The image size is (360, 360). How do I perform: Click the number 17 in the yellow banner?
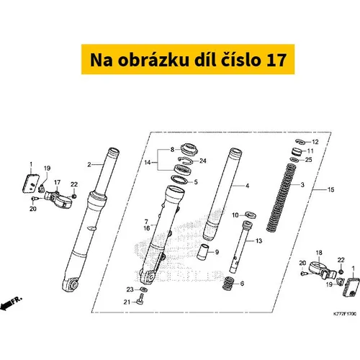coord(276,60)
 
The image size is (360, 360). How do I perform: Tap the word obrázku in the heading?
coord(153,60)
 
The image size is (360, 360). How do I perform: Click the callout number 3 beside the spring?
coord(302,185)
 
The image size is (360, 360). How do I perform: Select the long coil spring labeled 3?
coord(282,197)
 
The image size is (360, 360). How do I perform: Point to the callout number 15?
coord(331,189)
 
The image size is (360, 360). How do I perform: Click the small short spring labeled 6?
coord(228,283)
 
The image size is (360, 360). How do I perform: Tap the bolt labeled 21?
coord(140,300)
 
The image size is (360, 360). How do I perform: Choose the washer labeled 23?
coord(143,289)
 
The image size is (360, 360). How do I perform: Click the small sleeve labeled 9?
coord(203,252)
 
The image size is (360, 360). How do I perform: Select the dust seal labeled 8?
coord(189,149)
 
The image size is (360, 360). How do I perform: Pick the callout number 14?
coord(148,163)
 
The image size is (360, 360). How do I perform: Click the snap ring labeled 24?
coord(186,160)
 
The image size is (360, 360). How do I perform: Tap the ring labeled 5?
coord(179,179)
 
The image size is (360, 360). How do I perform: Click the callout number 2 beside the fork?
coord(89,165)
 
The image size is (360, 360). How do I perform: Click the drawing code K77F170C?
coord(345,314)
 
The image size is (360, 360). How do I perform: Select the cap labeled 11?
coord(297,152)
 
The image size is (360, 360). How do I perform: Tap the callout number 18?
coord(319,253)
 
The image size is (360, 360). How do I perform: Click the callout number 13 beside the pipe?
coord(258,240)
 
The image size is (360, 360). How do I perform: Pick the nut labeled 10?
coord(251,215)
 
